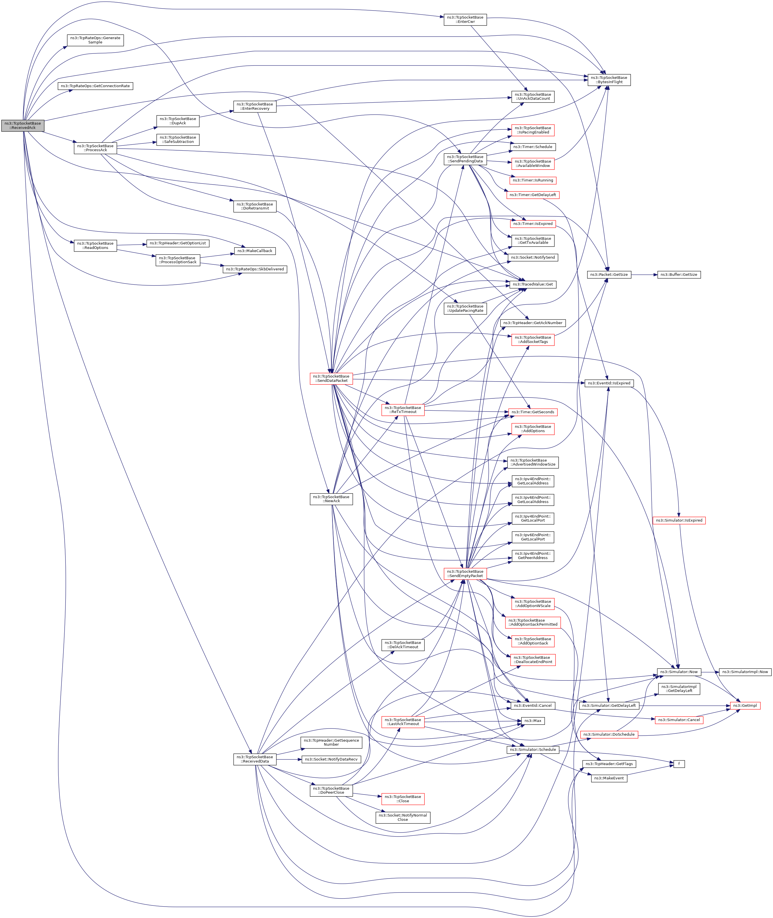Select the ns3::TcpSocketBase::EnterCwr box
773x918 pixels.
[465, 20]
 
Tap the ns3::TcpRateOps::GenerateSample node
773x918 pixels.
[95, 40]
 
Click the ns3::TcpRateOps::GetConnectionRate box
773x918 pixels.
[95, 86]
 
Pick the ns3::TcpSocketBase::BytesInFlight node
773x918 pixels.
[609, 80]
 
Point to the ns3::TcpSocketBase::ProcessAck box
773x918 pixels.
[95, 148]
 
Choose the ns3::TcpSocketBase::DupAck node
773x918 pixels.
[178, 121]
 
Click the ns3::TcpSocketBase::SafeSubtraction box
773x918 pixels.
[178, 139]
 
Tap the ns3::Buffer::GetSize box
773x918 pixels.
[678, 274]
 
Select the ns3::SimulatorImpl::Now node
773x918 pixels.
[745, 672]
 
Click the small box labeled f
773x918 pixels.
[679, 764]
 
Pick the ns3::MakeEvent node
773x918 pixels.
[609, 778]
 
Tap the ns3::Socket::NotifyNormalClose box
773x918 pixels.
[403, 817]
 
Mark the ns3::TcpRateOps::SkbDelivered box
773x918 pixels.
[255, 269]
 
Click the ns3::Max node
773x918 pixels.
[532, 721]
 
